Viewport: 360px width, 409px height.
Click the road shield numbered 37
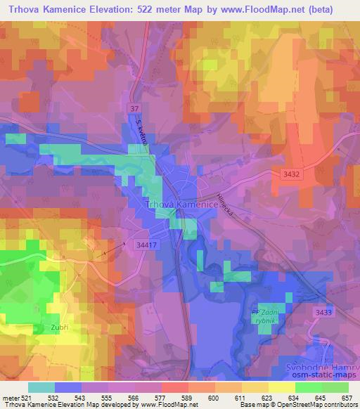[134, 108]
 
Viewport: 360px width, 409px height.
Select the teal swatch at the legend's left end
[41, 387]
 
